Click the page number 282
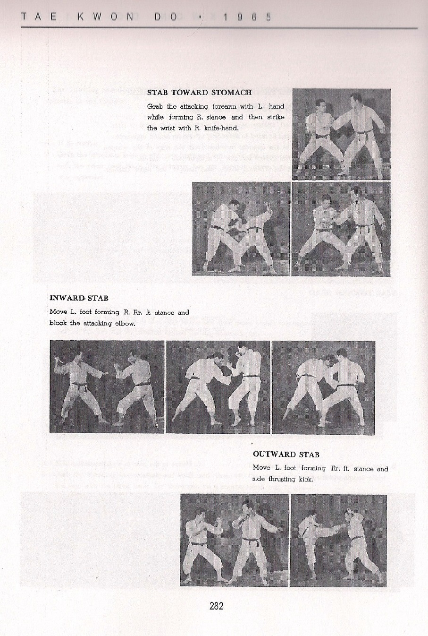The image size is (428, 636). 216,606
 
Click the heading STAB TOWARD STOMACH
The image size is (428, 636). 199,92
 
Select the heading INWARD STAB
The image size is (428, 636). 79,298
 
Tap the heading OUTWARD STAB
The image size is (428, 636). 286,454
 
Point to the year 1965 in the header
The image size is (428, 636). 247,17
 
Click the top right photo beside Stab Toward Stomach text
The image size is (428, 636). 341,134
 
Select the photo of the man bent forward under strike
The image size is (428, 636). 241,229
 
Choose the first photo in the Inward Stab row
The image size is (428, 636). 107,387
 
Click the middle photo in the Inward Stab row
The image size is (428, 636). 218,387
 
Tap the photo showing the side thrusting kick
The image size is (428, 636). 338,540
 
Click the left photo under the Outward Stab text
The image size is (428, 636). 234,540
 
